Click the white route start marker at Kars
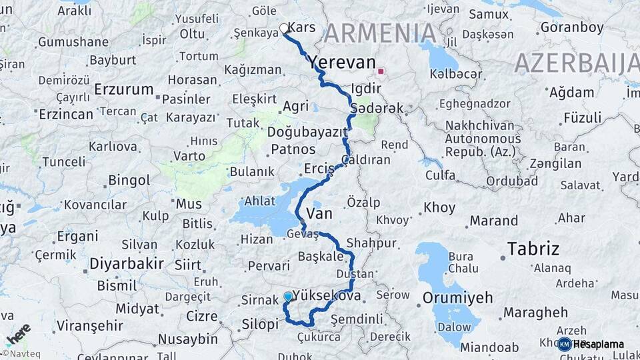click(x=284, y=29)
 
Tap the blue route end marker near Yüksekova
click(x=288, y=296)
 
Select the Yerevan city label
click(x=342, y=63)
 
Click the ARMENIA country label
click(x=381, y=33)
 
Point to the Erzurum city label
click(x=124, y=89)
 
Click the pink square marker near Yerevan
click(x=381, y=71)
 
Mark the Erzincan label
click(x=66, y=114)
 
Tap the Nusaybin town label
click(x=187, y=339)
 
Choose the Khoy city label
click(x=439, y=207)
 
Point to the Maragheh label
click(x=535, y=312)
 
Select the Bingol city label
click(x=129, y=181)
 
